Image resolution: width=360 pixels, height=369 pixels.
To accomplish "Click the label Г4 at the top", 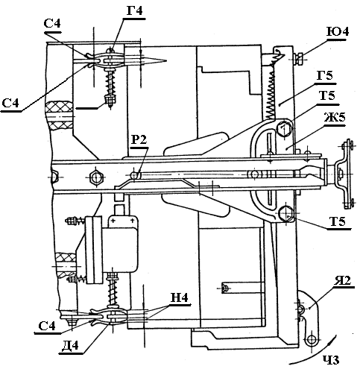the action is coord(136,10).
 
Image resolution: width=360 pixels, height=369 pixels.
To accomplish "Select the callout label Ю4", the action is coord(338,32).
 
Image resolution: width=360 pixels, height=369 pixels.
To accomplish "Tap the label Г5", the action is coord(324,75).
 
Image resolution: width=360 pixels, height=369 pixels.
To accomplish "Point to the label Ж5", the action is coord(335,118).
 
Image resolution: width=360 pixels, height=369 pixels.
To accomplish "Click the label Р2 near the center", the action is coord(139,139).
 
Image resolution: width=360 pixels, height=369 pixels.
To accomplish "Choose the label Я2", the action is coord(342,280).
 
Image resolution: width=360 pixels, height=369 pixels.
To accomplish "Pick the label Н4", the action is coord(180,297).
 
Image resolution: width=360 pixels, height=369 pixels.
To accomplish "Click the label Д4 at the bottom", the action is coord(70,345).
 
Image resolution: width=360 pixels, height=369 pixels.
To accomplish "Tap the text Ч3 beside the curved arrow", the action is coord(331,360).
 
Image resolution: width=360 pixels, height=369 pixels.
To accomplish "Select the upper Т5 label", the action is coord(327,95).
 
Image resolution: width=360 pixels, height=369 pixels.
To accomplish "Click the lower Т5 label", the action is coord(338,221).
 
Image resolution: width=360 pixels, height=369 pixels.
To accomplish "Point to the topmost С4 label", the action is coord(52,24).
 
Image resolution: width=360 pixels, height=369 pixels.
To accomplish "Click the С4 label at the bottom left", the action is coord(47,326).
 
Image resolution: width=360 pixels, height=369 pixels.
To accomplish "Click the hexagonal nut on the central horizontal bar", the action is coord(96,177).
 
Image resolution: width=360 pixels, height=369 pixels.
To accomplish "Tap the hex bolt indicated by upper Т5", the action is coord(284,128).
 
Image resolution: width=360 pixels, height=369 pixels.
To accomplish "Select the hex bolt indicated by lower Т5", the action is coord(286,213).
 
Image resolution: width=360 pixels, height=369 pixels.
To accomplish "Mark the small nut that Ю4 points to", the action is coord(298,59).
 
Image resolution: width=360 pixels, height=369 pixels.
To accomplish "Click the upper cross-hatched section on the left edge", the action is coord(60,115).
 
